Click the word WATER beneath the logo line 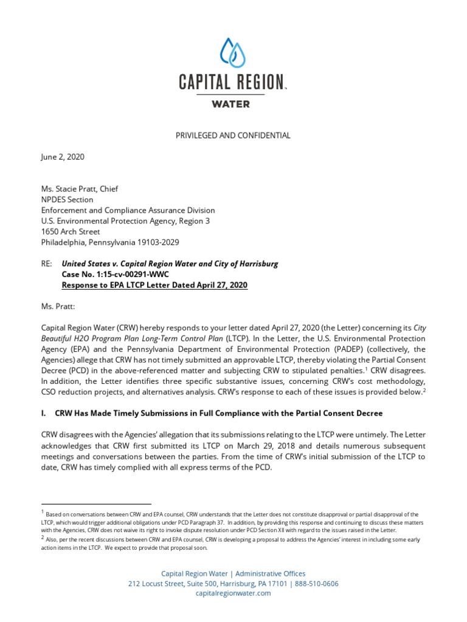(x=230, y=104)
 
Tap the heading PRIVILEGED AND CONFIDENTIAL (x=233, y=135)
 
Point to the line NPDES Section (x=67, y=199)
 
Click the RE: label (x=47, y=264)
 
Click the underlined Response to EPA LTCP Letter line (x=155, y=285)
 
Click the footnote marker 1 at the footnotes (x=43, y=513)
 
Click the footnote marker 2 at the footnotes (x=43, y=538)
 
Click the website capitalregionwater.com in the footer (x=233, y=593)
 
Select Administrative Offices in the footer (x=270, y=573)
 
